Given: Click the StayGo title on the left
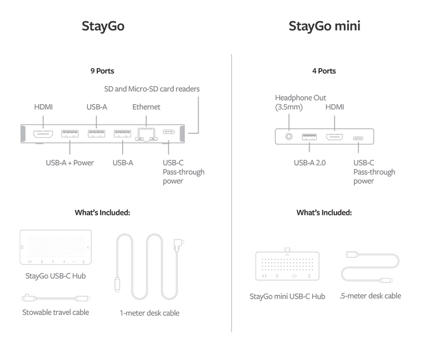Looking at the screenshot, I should (102, 26).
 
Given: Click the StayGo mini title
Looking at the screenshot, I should (324, 26).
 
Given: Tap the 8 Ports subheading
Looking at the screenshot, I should (102, 71).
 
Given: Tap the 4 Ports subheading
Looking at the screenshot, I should (324, 71).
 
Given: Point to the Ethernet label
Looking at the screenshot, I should (146, 106).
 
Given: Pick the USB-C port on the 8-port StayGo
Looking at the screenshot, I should (169, 134).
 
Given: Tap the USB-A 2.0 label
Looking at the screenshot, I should (309, 163).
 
